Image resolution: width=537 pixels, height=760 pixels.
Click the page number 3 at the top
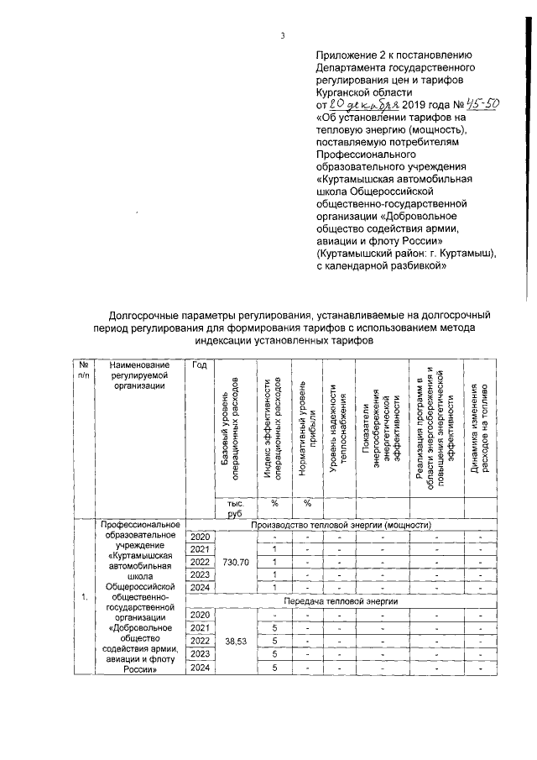coord(283,35)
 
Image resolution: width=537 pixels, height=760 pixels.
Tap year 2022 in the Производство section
coord(200,562)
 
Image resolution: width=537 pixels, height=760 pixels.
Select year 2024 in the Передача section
coord(200,668)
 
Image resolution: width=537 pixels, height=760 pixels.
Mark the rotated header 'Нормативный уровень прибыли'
coord(307,428)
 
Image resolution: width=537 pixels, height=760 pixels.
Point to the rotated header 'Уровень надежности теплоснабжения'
coord(339,428)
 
